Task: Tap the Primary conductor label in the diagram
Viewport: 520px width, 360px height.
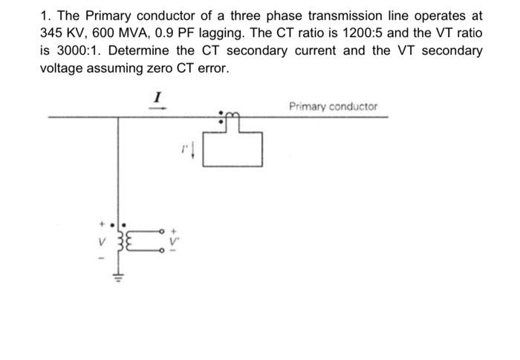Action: tap(333, 106)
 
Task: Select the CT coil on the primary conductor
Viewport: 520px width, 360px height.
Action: tap(231, 114)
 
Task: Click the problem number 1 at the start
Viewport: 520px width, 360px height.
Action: tap(42, 16)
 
